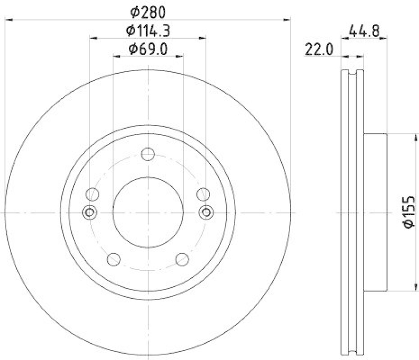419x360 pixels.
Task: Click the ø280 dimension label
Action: (148, 10)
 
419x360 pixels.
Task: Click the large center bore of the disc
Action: (148, 212)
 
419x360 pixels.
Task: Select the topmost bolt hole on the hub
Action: (148, 154)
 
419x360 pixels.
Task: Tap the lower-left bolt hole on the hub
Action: (113, 259)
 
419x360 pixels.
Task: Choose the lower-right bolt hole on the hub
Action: (183, 259)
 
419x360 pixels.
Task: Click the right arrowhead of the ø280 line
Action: (287, 19)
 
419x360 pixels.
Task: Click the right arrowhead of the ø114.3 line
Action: (203, 38)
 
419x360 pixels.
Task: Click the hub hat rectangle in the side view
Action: (375, 212)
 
